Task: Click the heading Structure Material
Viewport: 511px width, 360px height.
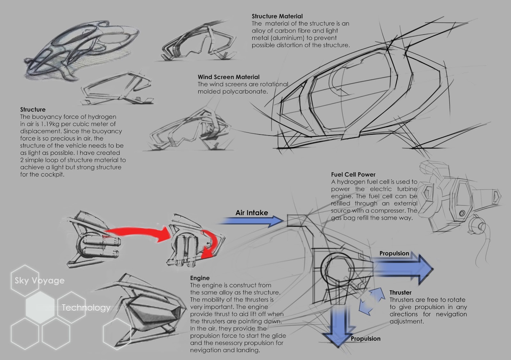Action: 277,16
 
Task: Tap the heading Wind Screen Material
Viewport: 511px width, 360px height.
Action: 228,77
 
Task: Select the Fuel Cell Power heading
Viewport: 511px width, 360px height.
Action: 353,175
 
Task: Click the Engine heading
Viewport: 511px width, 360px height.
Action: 200,278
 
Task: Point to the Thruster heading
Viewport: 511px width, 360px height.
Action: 400,292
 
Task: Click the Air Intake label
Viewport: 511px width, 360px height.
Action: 252,213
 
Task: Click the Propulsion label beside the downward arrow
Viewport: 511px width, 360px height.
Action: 365,339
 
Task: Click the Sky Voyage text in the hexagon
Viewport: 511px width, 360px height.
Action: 39,281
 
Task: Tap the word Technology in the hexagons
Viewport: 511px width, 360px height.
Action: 86,308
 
